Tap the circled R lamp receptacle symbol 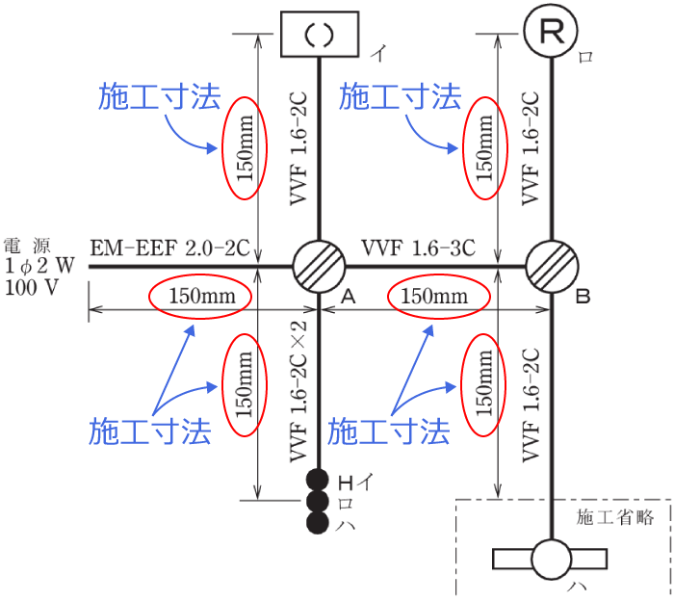pyautogui.click(x=552, y=33)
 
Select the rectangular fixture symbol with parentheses pyautogui.click(x=319, y=35)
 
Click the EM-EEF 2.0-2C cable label pyautogui.click(x=169, y=248)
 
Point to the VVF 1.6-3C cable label pyautogui.click(x=419, y=248)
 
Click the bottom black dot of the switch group pyautogui.click(x=319, y=523)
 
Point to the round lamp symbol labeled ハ pyautogui.click(x=552, y=560)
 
